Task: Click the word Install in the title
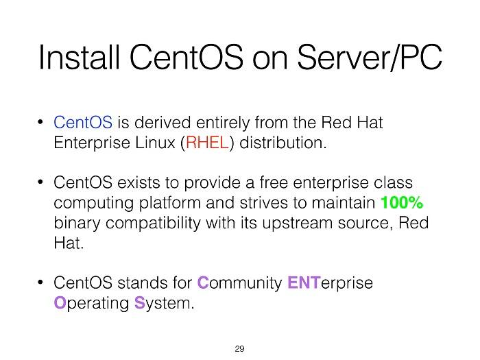(x=79, y=57)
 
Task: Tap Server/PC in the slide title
(x=370, y=57)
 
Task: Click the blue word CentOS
(x=83, y=123)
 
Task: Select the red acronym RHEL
(x=207, y=143)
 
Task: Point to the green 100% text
(x=402, y=203)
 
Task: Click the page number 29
(x=240, y=348)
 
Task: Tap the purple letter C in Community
(x=203, y=283)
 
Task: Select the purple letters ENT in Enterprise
(x=304, y=283)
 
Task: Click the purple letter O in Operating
(x=60, y=303)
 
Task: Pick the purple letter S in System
(x=140, y=303)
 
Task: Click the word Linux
(x=155, y=143)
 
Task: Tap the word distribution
(x=283, y=143)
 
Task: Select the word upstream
(x=297, y=223)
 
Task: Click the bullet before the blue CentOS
(x=40, y=122)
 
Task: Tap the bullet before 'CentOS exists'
(x=40, y=182)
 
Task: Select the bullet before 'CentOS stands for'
(x=40, y=283)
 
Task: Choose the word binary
(x=77, y=224)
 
